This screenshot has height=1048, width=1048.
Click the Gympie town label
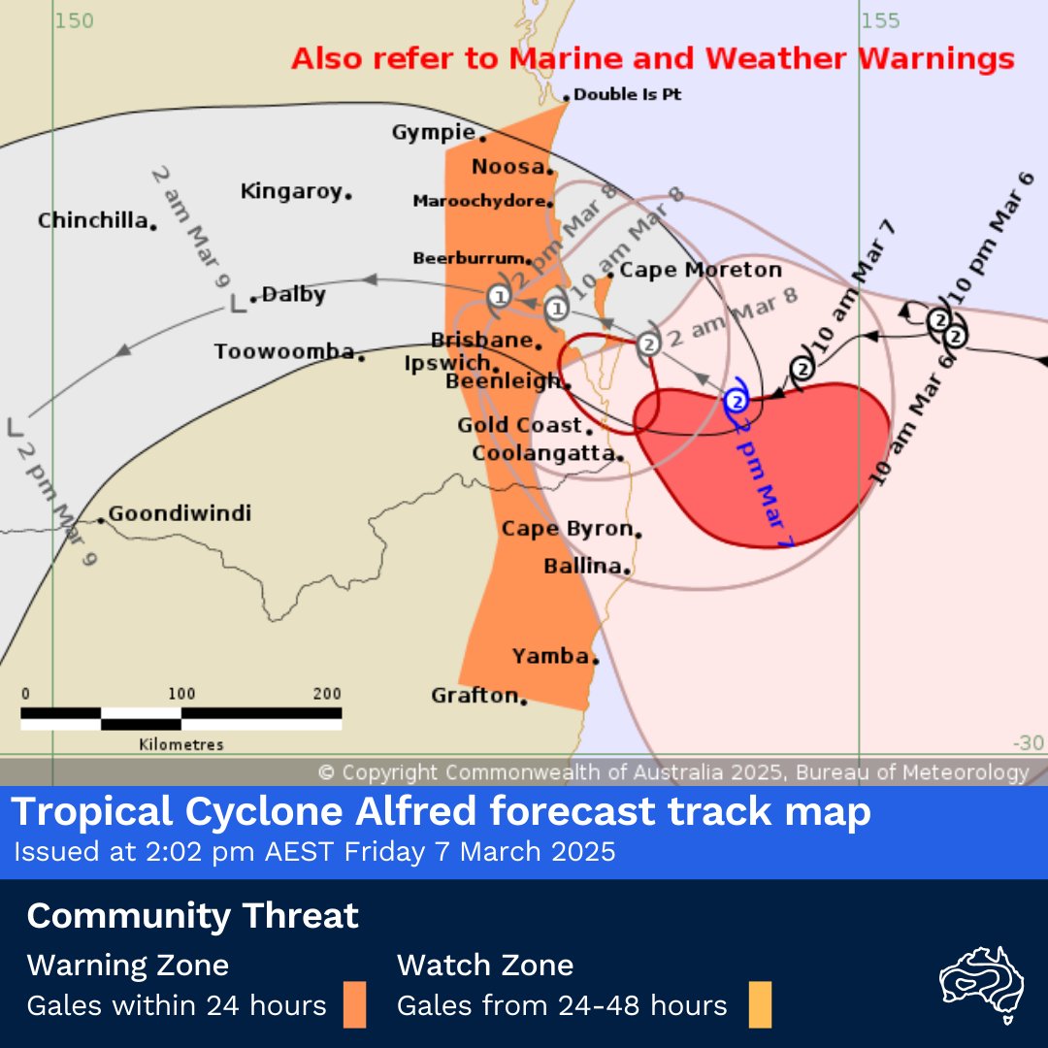[x=433, y=132]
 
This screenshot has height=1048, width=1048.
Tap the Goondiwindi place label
[x=180, y=512]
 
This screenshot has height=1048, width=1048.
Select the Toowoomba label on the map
[x=284, y=351]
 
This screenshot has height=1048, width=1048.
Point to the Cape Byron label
[x=568, y=529]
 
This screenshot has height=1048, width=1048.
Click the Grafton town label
[x=475, y=695]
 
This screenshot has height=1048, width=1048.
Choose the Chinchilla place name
[x=92, y=220]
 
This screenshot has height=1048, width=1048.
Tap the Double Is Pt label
[x=627, y=95]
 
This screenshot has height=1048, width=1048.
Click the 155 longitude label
[x=881, y=20]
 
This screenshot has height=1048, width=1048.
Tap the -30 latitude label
[x=1028, y=743]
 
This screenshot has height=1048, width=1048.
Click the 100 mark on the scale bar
[x=181, y=694]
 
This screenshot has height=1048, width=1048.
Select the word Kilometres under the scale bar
[x=181, y=745]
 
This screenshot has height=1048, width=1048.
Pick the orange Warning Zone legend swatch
[x=354, y=1005]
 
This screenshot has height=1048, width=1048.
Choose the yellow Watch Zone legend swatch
[x=760, y=1005]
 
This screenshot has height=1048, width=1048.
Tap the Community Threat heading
[x=193, y=915]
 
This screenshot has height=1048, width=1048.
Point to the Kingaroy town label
[x=292, y=191]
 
